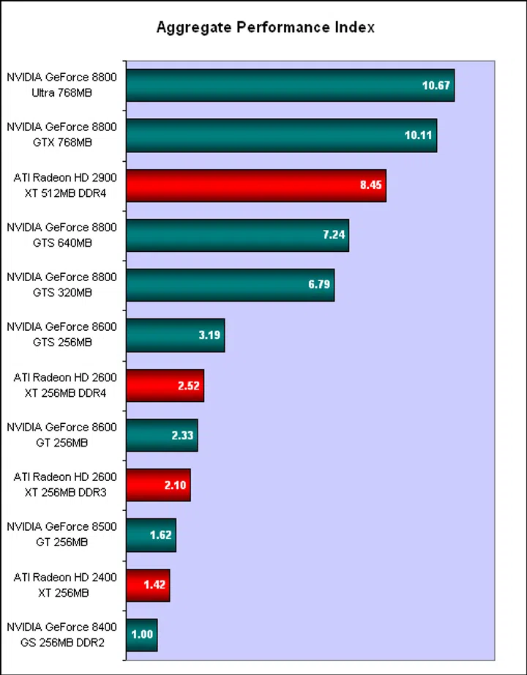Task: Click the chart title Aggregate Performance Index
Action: pyautogui.click(x=266, y=28)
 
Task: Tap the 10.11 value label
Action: pyautogui.click(x=419, y=135)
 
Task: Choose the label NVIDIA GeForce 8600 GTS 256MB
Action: pyautogui.click(x=61, y=335)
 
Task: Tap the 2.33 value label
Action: pyautogui.click(x=182, y=436)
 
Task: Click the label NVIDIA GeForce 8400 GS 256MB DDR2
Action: pyautogui.click(x=61, y=635)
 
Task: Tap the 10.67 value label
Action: pyautogui.click(x=437, y=86)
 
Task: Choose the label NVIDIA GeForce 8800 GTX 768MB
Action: pyautogui.click(x=61, y=135)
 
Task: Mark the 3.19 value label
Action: pyautogui.click(x=209, y=335)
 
